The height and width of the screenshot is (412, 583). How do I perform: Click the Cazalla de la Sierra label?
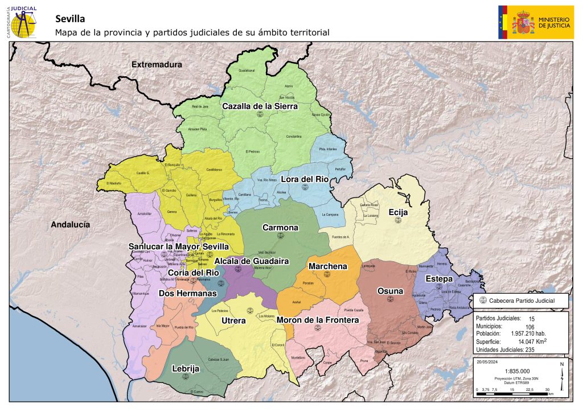[260, 106]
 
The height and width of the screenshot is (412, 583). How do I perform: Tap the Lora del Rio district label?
[306, 179]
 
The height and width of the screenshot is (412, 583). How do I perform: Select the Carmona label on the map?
[280, 228]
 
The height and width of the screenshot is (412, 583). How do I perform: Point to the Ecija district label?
[399, 212]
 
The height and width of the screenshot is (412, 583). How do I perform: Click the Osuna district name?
[390, 291]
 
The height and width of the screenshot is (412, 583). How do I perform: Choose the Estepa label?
[440, 279]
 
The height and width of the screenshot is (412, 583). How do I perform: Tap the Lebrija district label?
[186, 369]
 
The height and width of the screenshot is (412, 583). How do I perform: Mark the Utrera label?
[233, 321]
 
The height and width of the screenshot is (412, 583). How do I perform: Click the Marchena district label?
[327, 266]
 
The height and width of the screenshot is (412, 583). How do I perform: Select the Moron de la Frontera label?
[318, 320]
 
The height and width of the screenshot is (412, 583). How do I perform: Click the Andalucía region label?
[71, 225]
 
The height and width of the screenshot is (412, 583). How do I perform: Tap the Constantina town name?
[294, 137]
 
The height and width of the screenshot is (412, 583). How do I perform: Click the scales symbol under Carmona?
[280, 236]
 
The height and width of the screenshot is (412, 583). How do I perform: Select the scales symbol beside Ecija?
[399, 220]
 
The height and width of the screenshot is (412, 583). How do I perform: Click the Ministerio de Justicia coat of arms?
[523, 23]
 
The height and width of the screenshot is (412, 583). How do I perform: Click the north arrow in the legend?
[561, 376]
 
